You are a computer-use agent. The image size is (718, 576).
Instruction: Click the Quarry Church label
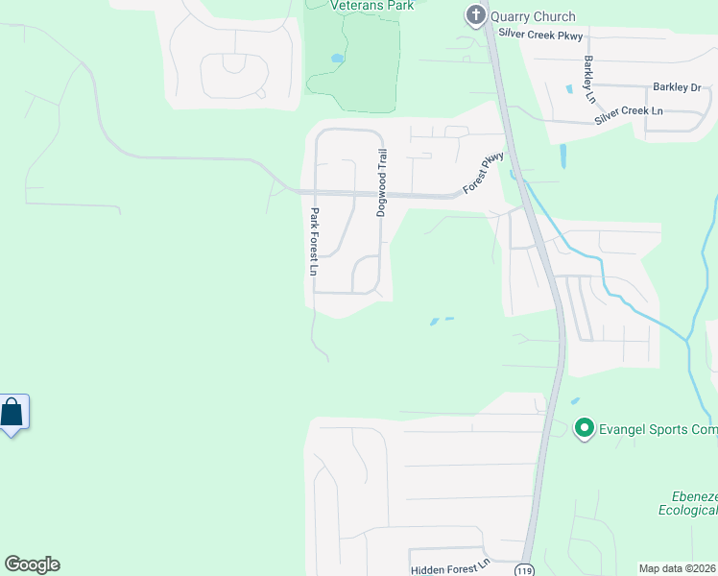point(533,16)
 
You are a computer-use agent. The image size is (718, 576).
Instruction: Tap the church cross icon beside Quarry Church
point(475,15)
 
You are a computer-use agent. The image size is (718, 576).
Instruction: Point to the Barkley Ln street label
point(589,80)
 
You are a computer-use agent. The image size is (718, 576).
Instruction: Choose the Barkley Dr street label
point(678,87)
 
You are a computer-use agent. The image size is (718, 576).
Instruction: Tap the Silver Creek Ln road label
point(628,112)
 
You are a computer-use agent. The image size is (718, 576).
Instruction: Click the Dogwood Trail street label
point(381,182)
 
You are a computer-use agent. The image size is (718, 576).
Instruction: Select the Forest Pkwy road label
point(483,173)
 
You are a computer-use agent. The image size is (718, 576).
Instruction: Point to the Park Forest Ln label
point(313,243)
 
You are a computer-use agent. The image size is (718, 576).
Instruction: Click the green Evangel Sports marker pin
point(583,428)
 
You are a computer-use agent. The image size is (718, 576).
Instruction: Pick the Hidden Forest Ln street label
point(450,569)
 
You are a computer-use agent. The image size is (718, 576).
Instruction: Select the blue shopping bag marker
point(12,413)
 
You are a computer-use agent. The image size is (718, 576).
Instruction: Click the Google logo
point(32,564)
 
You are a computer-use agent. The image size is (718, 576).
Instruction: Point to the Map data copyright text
point(677,568)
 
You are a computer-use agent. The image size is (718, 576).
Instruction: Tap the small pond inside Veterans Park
point(337,59)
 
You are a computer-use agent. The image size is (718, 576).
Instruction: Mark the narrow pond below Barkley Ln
point(561,156)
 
